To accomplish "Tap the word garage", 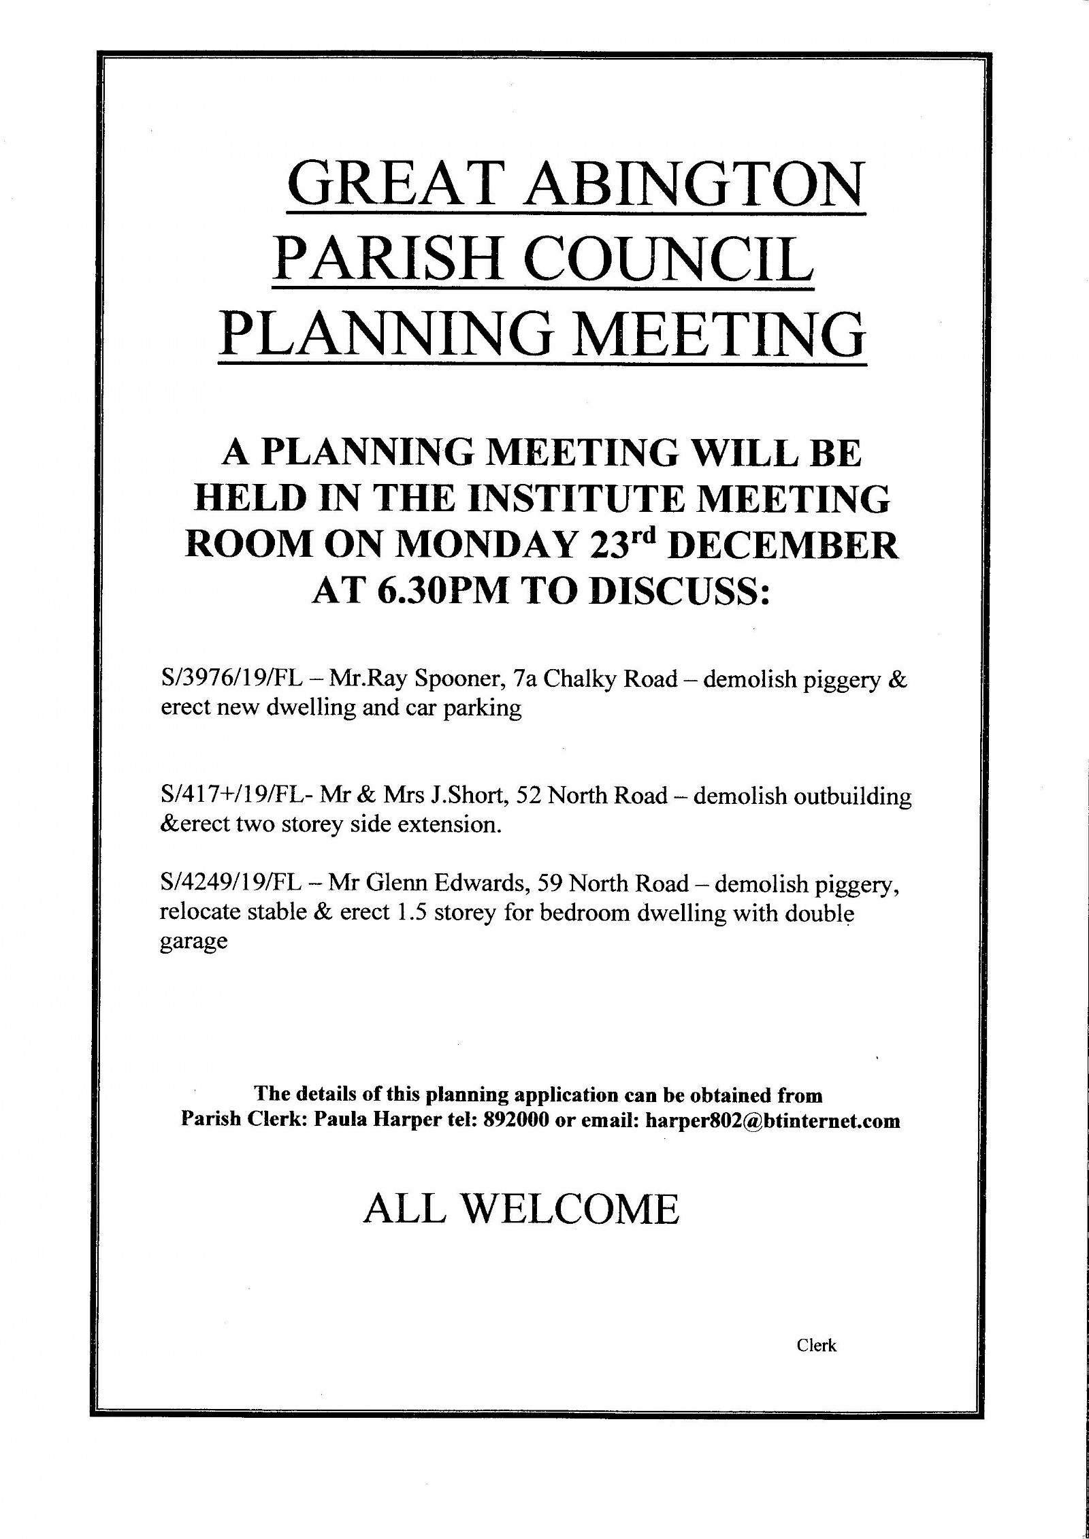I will pyautogui.click(x=193, y=942).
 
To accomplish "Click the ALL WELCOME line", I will pyautogui.click(x=521, y=1209).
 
